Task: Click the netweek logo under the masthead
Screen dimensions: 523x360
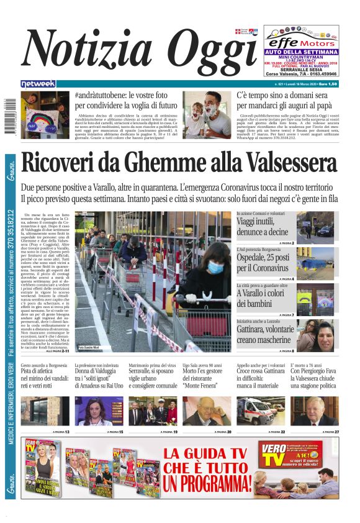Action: tap(38, 84)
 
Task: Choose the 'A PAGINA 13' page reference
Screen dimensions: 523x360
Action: tap(60, 431)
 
